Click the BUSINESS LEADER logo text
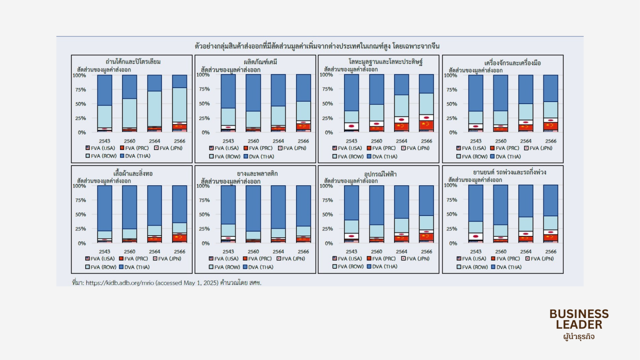click(x=579, y=319)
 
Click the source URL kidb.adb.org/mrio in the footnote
click(x=120, y=283)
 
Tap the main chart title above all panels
click(x=317, y=46)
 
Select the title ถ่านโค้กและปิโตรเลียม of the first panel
click(x=133, y=62)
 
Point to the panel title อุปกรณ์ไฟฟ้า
click(x=380, y=174)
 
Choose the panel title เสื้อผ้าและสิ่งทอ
click(x=133, y=174)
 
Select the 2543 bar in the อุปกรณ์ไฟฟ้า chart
click(x=351, y=214)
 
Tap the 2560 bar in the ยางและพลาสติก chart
click(x=253, y=214)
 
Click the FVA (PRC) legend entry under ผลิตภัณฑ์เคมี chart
click(x=258, y=148)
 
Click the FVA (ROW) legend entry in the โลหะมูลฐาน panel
click(x=348, y=157)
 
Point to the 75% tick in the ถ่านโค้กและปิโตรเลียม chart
click(x=81, y=90)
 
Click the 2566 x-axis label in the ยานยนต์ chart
click(x=551, y=252)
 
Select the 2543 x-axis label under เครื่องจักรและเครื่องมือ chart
click(x=476, y=141)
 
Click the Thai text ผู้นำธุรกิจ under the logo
click(x=579, y=336)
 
